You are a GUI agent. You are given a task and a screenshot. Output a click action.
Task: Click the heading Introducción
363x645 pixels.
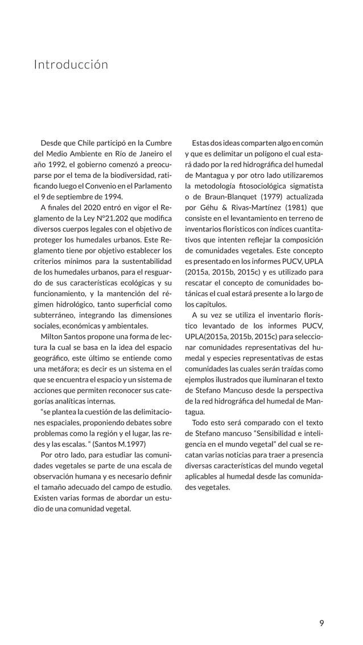[x=71, y=65]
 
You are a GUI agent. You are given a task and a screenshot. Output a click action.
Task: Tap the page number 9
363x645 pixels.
[x=322, y=623]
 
